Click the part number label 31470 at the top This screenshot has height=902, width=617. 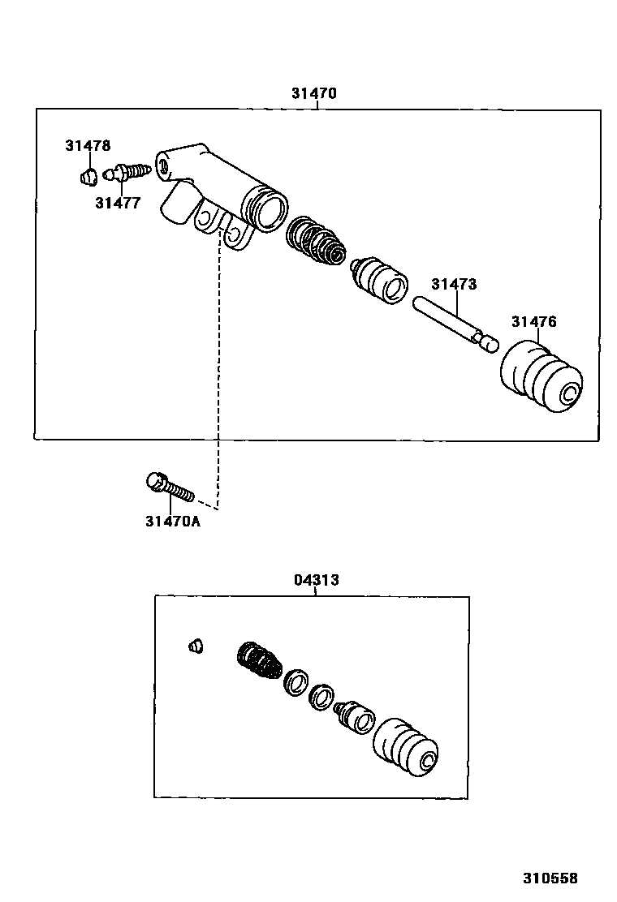pyautogui.click(x=313, y=93)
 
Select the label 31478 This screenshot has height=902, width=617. pyautogui.click(x=88, y=146)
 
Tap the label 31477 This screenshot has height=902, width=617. pyautogui.click(x=117, y=204)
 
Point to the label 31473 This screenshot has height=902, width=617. pyautogui.click(x=454, y=285)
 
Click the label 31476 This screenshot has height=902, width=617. pyautogui.click(x=533, y=322)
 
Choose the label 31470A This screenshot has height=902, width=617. pyautogui.click(x=172, y=521)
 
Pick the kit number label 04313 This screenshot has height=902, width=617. pyautogui.click(x=316, y=580)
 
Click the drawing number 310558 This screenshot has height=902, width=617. pyautogui.click(x=550, y=878)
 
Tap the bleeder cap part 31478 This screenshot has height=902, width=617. pyautogui.click(x=90, y=175)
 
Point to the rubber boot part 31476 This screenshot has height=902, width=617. pyautogui.click(x=540, y=378)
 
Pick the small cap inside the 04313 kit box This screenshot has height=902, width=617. pyautogui.click(x=194, y=646)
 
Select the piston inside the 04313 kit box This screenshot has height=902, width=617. pyautogui.click(x=354, y=716)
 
